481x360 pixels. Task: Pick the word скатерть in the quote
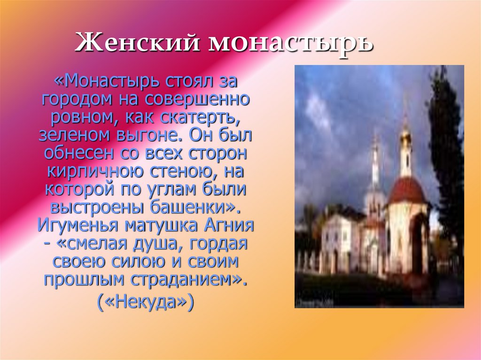point(213,117)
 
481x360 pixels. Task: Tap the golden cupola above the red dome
point(405,137)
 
